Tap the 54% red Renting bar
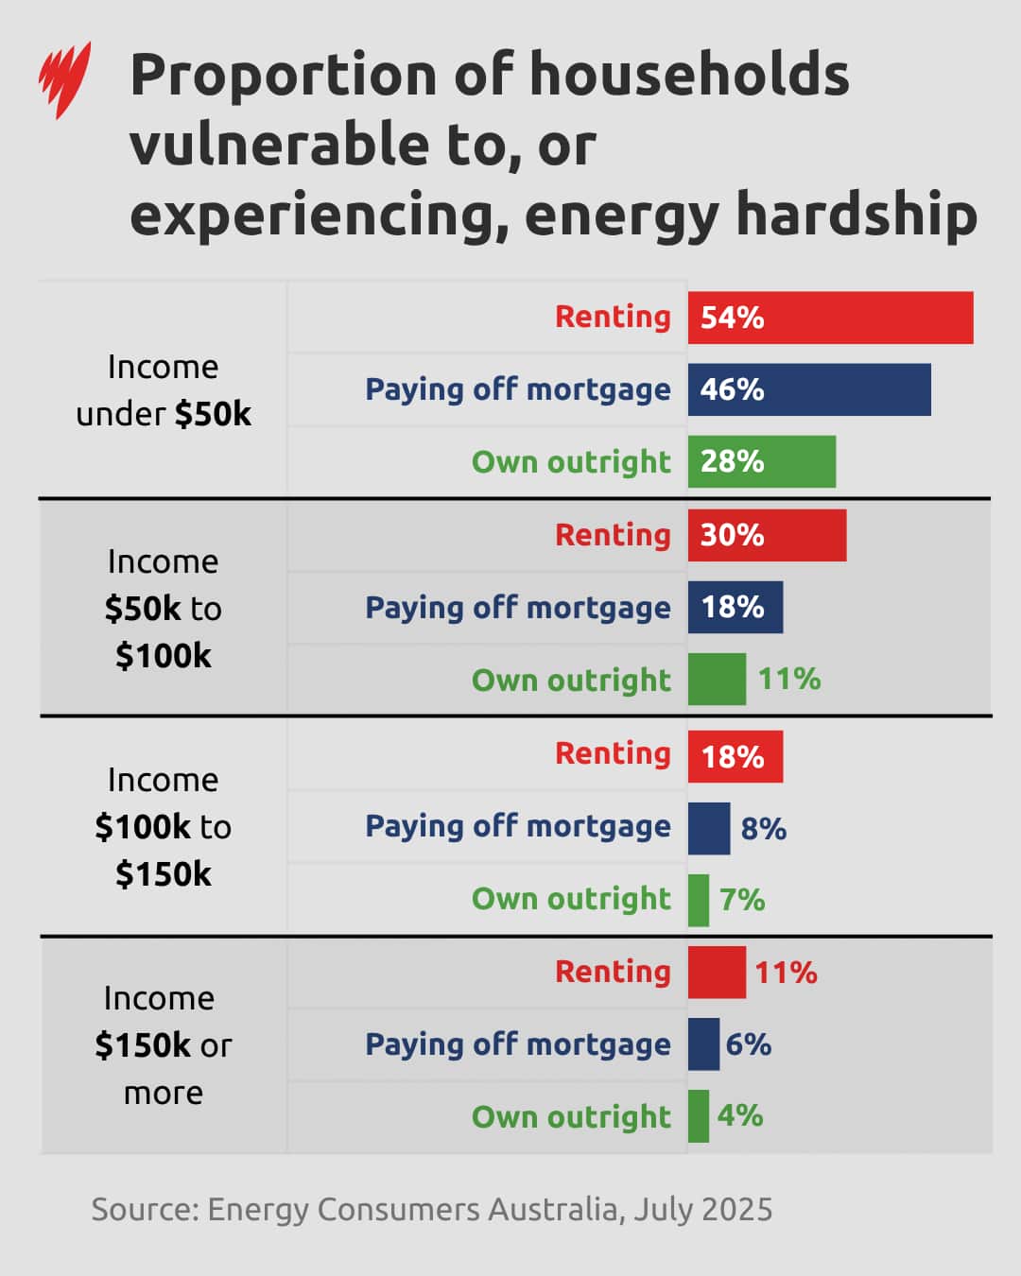(x=830, y=318)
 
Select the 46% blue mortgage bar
(x=809, y=389)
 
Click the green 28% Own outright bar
(x=762, y=461)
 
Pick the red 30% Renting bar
(x=767, y=535)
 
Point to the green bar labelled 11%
(x=717, y=679)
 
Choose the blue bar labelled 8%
(x=709, y=828)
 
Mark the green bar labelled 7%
(x=699, y=900)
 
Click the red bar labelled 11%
(x=717, y=972)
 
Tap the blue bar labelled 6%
(x=703, y=1044)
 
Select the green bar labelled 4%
(x=699, y=1116)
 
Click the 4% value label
(x=740, y=1116)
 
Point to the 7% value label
(x=742, y=900)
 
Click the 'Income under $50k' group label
(x=164, y=389)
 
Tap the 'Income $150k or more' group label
(x=163, y=1045)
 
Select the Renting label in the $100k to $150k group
(x=613, y=753)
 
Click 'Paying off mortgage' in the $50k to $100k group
(x=518, y=608)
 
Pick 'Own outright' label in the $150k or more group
(x=571, y=1117)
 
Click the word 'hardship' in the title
(x=856, y=215)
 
